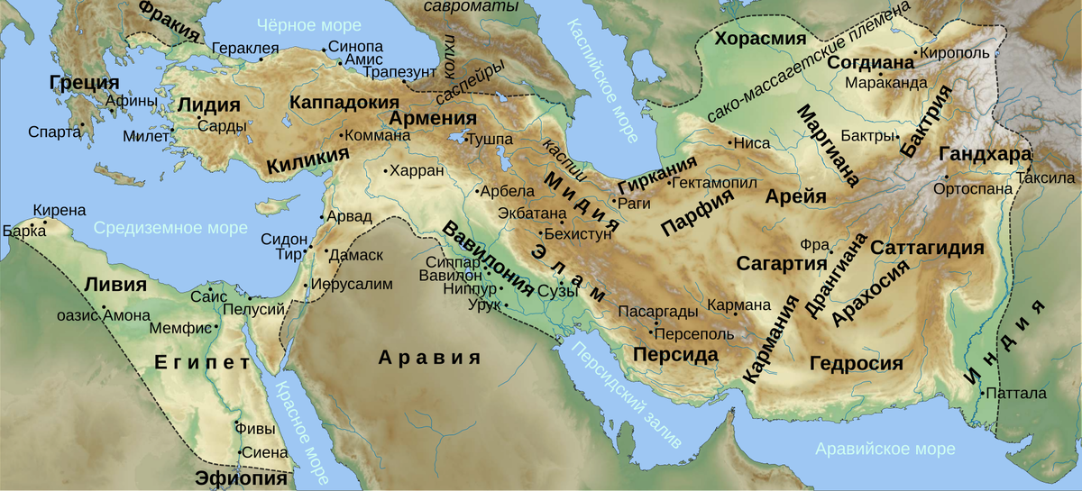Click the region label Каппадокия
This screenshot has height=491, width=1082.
click(x=344, y=102)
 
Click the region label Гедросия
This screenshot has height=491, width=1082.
click(x=856, y=364)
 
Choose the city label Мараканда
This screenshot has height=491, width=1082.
click(x=886, y=83)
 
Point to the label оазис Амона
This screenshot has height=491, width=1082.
click(x=96, y=315)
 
